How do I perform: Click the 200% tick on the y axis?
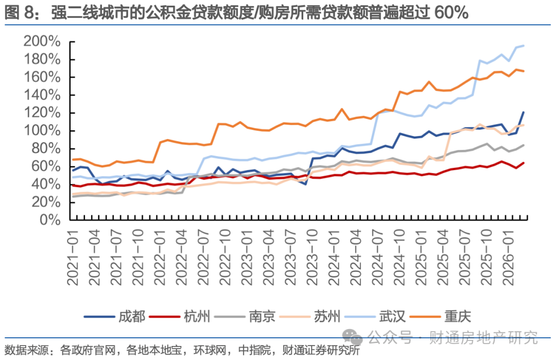(x=42, y=42)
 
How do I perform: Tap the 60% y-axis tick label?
(x=47, y=166)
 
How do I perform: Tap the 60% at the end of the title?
(x=451, y=13)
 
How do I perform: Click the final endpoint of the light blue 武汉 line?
(x=524, y=46)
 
